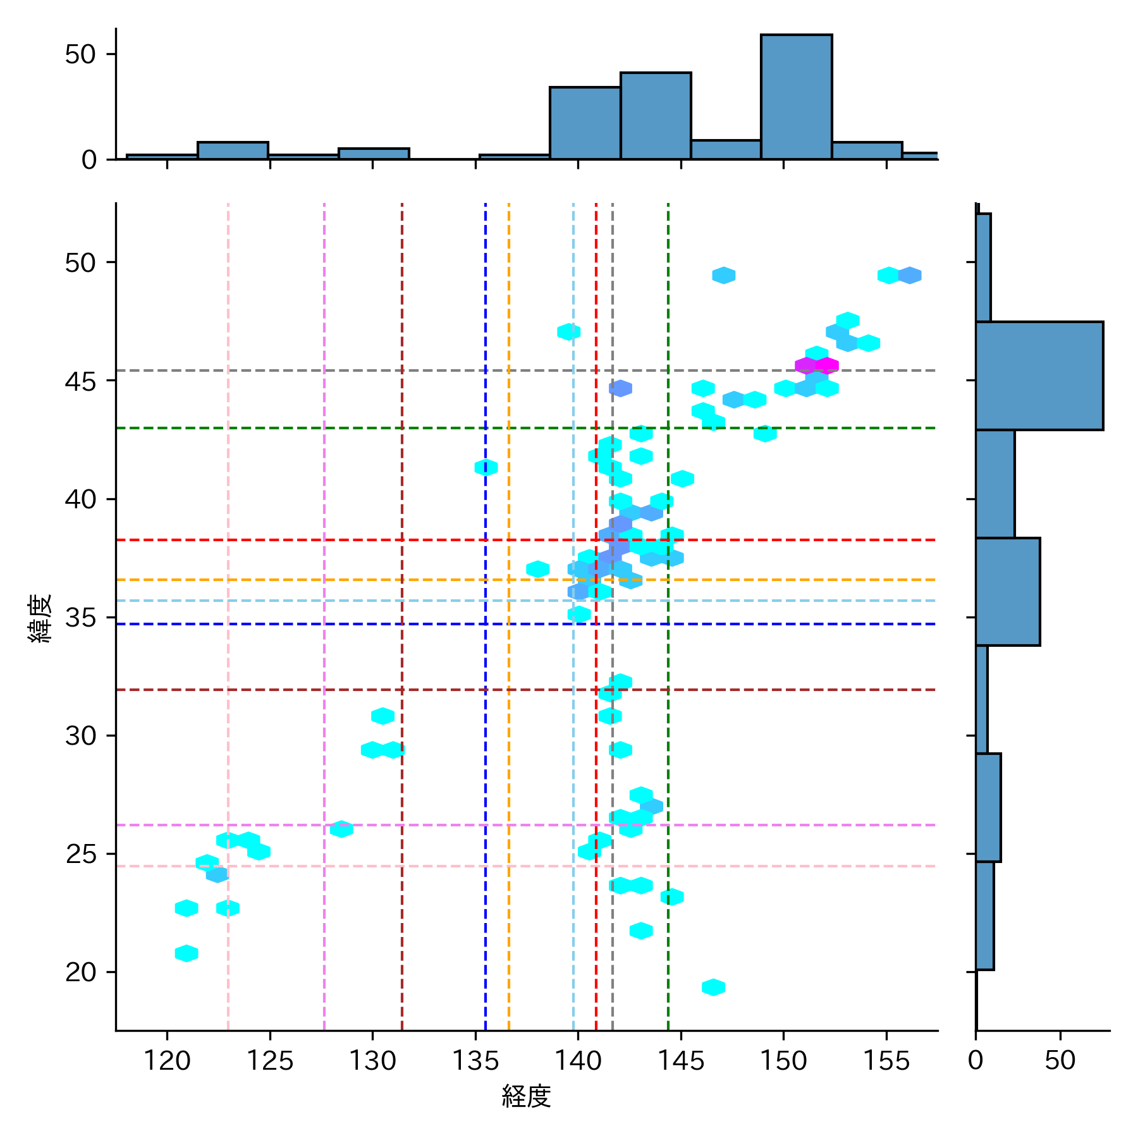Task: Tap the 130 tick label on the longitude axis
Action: click(372, 1061)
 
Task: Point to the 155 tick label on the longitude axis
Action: click(886, 1061)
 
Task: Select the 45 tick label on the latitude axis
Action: click(80, 381)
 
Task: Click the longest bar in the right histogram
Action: click(1039, 376)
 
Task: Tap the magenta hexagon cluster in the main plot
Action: click(817, 365)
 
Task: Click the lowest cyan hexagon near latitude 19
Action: click(713, 987)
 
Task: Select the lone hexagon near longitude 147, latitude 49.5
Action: click(723, 275)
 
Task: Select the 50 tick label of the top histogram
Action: click(80, 54)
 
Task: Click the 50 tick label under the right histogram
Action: click(1060, 1061)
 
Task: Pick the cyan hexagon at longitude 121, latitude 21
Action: click(187, 953)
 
